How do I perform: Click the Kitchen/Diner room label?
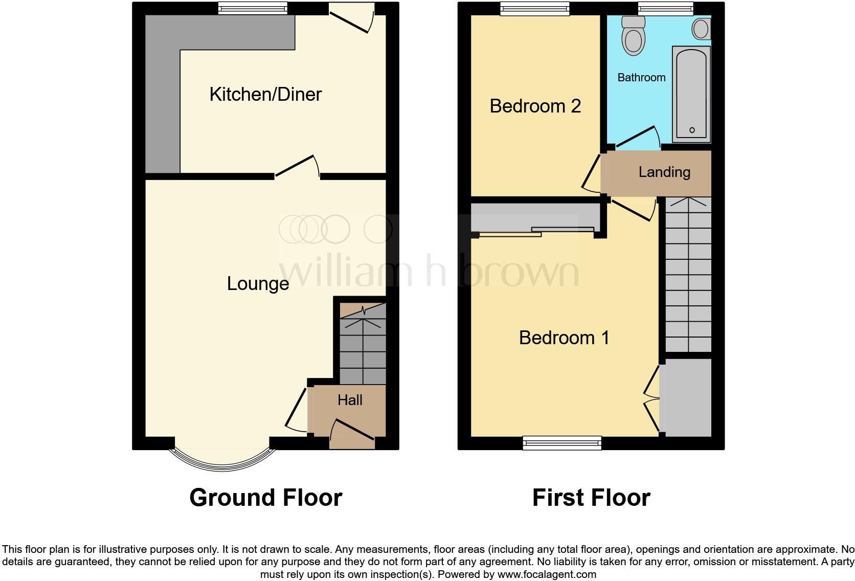265,95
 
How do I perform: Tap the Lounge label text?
258,284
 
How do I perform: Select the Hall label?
350,400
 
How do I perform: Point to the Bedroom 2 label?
535,106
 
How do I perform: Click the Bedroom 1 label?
564,338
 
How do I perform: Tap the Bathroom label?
641,78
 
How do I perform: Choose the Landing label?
664,172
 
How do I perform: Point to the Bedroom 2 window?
534,8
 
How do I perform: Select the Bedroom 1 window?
562,443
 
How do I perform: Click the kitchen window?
253,8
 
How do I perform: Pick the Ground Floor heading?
265,498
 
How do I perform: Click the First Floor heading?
591,498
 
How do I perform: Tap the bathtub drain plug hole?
692,130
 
